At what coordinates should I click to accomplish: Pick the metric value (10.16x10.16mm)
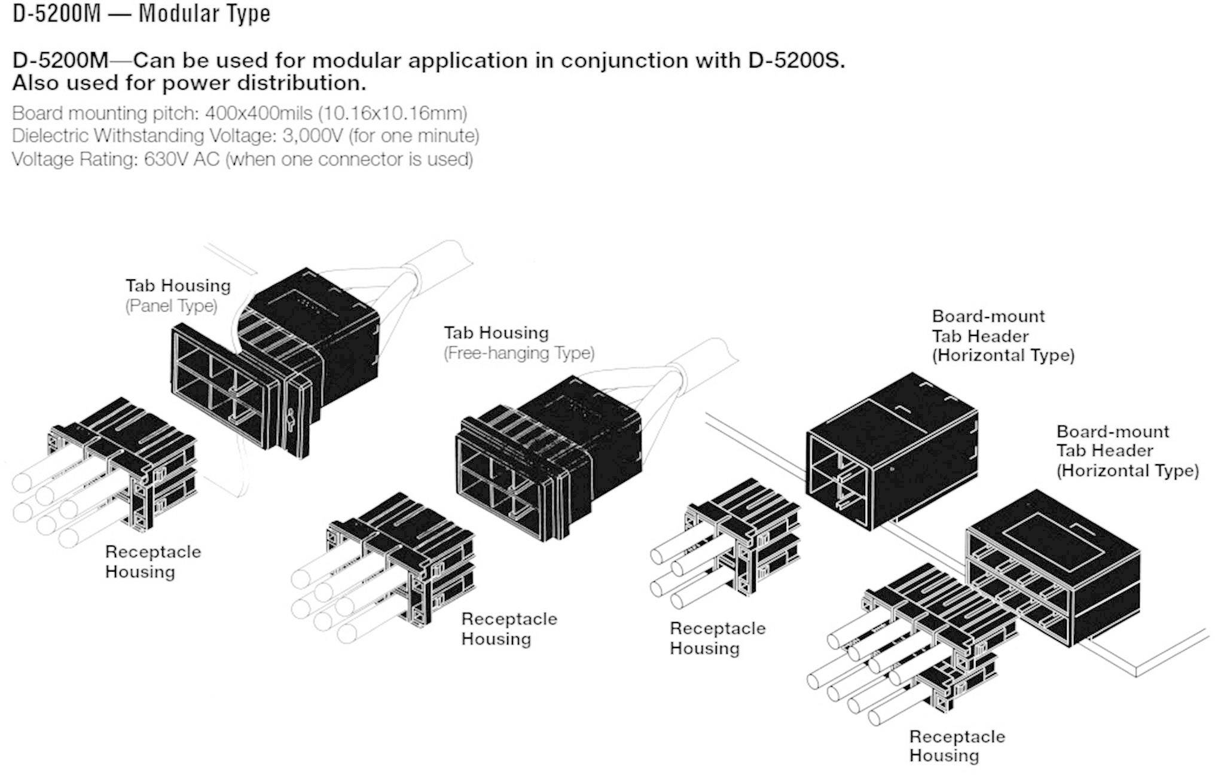[392, 113]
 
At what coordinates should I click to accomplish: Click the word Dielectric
[50, 136]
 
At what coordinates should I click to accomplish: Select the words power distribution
[264, 83]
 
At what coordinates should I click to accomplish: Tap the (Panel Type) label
[171, 306]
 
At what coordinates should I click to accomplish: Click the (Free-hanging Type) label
[519, 353]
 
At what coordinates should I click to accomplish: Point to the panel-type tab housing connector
[275, 365]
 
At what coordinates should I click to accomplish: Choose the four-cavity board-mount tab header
[891, 451]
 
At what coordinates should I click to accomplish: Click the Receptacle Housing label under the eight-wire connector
[957, 746]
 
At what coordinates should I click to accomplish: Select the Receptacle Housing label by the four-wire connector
[718, 638]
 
